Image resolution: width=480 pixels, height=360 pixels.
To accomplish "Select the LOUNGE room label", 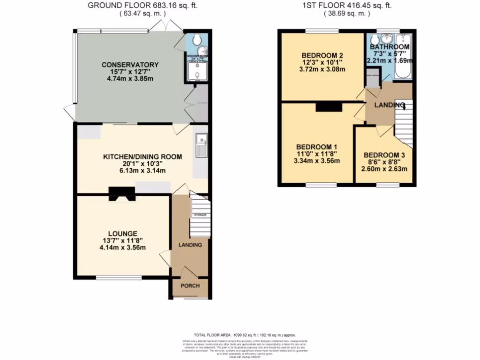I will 122,233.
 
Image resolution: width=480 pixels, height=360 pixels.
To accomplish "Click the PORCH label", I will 190,286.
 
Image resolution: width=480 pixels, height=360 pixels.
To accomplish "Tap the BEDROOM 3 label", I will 384,155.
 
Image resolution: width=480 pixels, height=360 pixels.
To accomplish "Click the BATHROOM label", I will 390,47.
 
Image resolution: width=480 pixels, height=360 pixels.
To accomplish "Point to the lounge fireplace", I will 122,193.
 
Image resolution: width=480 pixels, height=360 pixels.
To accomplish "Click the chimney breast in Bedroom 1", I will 329,107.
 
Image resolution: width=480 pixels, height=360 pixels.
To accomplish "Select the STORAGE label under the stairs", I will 201,215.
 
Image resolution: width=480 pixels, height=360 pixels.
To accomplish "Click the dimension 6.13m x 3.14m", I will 136,172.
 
